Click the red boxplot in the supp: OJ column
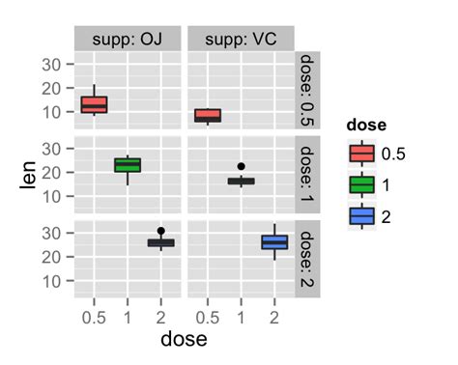(x=94, y=104)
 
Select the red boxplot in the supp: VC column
(x=208, y=115)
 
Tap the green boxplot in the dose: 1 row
(x=128, y=165)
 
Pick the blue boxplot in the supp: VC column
(x=274, y=242)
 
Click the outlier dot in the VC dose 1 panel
(x=241, y=167)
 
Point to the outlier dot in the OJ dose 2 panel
(x=160, y=232)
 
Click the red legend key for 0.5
(x=362, y=154)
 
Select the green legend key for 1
(x=362, y=185)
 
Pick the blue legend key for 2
(x=362, y=217)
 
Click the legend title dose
(x=368, y=126)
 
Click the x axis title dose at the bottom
(x=184, y=340)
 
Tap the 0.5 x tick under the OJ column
(x=94, y=318)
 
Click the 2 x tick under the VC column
(x=274, y=318)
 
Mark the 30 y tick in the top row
(x=52, y=65)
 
